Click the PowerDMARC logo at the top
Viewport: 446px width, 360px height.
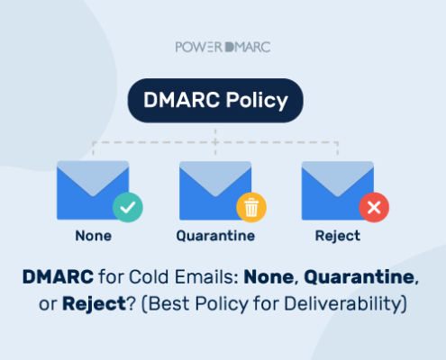pyautogui.click(x=223, y=47)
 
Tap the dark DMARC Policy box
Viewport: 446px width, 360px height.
pyautogui.click(x=215, y=101)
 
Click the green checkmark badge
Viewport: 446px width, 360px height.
pyautogui.click(x=128, y=207)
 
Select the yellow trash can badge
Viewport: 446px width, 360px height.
pyautogui.click(x=251, y=207)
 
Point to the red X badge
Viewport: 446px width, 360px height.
pyautogui.click(x=374, y=207)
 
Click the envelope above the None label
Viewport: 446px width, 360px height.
pyautogui.click(x=93, y=190)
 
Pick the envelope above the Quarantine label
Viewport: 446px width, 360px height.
pyautogui.click(x=215, y=191)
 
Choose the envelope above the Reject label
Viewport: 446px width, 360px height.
pyautogui.click(x=338, y=191)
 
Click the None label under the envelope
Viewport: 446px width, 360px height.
pyautogui.click(x=94, y=236)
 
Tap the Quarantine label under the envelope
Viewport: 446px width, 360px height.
pyautogui.click(x=215, y=236)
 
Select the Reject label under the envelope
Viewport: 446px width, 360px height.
pyautogui.click(x=338, y=237)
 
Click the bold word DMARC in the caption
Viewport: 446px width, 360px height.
pyautogui.click(x=58, y=276)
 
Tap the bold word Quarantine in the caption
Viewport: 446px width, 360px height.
pyautogui.click(x=360, y=277)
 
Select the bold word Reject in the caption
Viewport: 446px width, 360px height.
pyautogui.click(x=94, y=304)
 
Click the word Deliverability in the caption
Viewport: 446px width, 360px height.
pyautogui.click(x=343, y=304)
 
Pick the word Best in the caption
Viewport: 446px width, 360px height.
pyautogui.click(x=168, y=304)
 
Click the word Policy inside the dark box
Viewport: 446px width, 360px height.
pyautogui.click(x=257, y=101)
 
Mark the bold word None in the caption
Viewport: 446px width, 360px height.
pyautogui.click(x=269, y=277)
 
